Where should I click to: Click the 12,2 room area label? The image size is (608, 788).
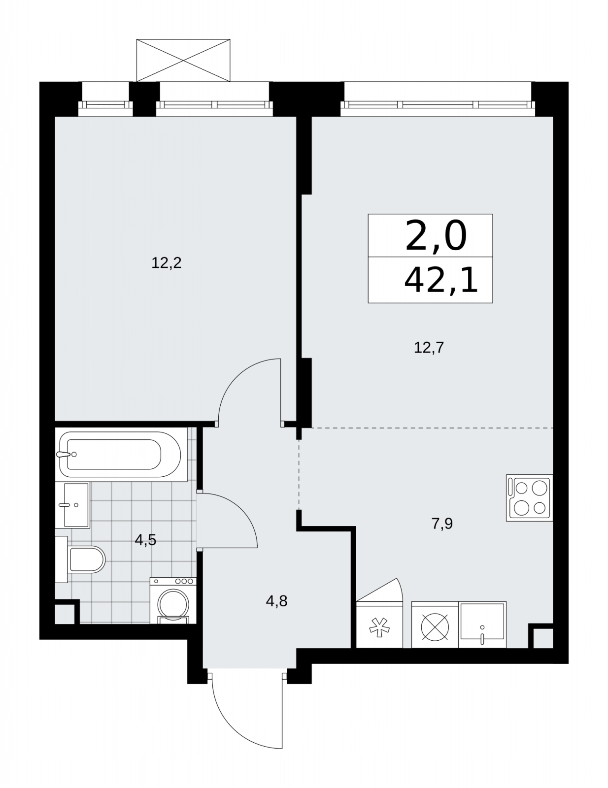click(166, 263)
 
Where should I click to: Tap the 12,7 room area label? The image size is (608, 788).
click(429, 348)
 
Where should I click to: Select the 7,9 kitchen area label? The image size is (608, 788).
click(442, 524)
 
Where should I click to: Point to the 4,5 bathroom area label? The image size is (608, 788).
click(145, 540)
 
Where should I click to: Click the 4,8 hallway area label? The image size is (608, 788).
click(276, 601)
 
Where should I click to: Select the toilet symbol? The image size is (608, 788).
click(80, 559)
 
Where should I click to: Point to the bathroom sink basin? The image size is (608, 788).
click(72, 505)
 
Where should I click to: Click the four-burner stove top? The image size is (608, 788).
click(529, 497)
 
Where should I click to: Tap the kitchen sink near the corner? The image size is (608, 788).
click(482, 624)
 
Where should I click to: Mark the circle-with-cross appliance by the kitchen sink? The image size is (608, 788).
click(435, 624)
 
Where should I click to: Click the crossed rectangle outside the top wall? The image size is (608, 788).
click(183, 60)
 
